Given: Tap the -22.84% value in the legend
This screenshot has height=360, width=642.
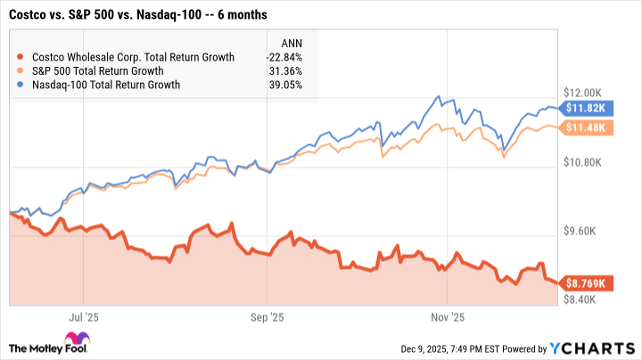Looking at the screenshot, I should pos(284,57).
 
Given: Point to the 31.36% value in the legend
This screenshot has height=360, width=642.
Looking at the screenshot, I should pos(285,71).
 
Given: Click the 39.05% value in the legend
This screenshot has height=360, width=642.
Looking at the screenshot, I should pos(285,86).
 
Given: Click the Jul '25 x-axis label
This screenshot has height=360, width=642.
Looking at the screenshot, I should pos(81,315).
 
